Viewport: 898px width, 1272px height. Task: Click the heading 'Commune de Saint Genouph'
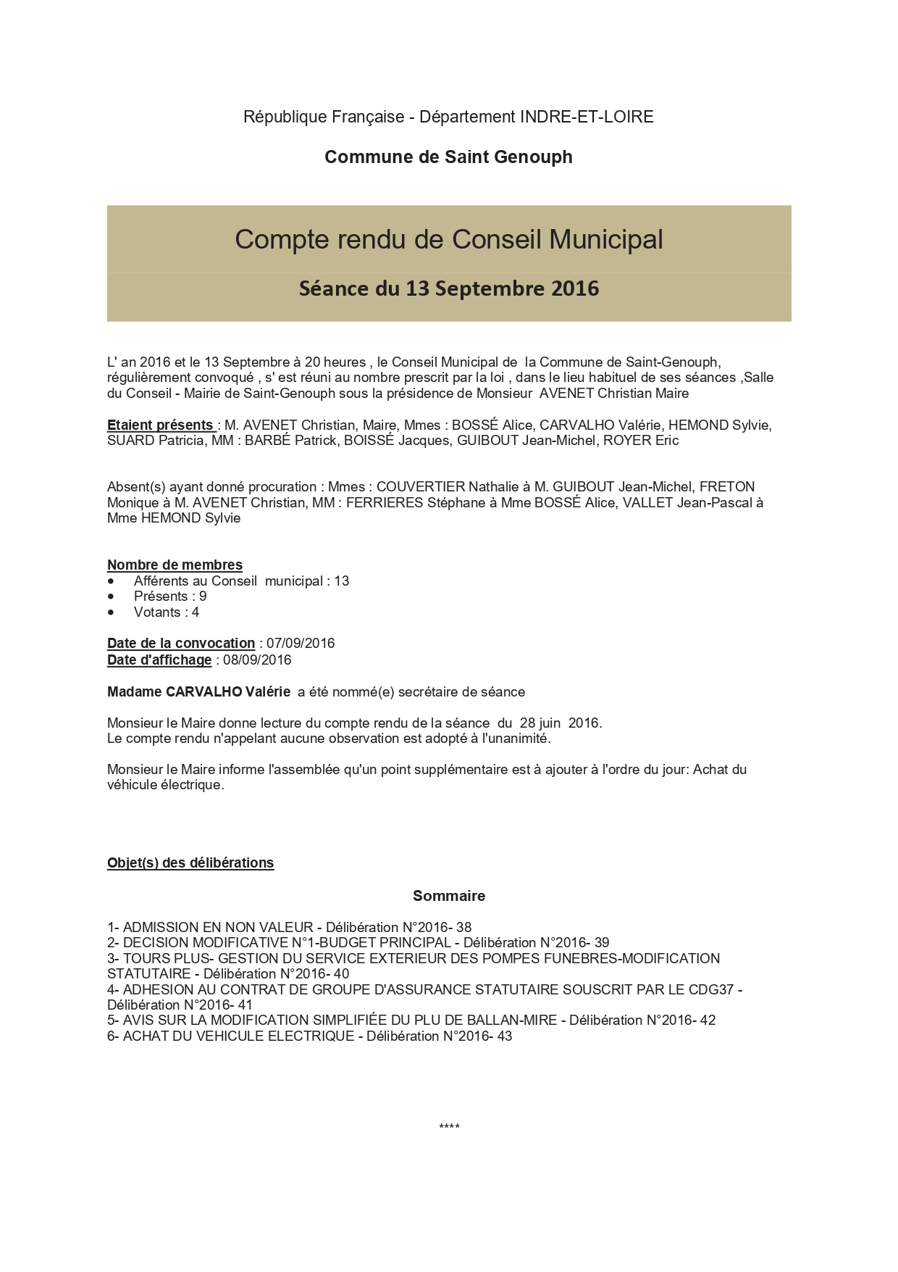click(448, 157)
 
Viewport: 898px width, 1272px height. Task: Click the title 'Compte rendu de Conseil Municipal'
click(448, 240)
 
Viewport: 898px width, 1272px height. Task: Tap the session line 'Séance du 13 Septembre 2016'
click(448, 289)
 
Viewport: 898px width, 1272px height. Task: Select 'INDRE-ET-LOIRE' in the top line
click(587, 117)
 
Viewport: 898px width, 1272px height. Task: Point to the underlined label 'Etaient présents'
click(160, 425)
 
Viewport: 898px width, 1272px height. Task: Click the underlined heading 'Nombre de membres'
click(175, 565)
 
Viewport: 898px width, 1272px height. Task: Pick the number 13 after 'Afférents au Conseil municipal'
click(342, 581)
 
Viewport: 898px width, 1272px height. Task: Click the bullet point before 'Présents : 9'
click(111, 596)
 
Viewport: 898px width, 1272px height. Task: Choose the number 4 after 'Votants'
click(196, 612)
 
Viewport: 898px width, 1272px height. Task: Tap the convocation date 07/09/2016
click(301, 644)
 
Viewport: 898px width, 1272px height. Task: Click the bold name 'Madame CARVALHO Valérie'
click(198, 692)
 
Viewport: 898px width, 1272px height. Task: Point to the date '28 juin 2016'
click(561, 723)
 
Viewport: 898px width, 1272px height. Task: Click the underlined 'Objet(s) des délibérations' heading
click(190, 863)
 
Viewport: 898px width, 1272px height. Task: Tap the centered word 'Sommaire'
click(449, 897)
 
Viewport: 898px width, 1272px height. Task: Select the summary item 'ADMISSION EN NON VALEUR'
click(218, 928)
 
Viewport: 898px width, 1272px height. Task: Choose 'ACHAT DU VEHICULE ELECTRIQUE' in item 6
click(238, 1036)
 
